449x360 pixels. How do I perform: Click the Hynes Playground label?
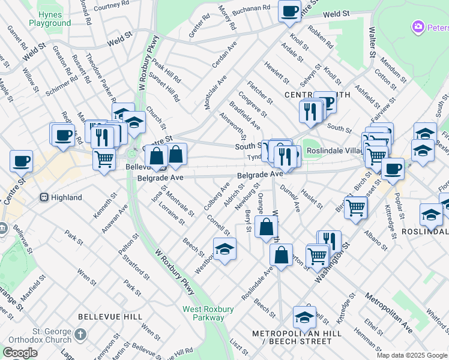coord(53,19)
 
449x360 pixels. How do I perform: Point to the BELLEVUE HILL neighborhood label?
coord(110,317)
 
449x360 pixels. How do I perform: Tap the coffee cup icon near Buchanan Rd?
coord(289,11)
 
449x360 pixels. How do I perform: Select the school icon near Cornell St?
coord(224,249)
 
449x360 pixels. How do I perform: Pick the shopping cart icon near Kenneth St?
coord(104,160)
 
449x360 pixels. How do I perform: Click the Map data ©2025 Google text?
coord(411,355)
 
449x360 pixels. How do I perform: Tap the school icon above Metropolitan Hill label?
coord(304,317)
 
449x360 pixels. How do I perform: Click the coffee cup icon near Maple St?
coord(21,161)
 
